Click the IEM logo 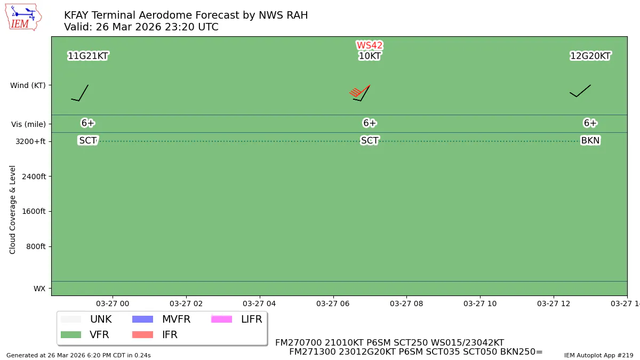point(23,17)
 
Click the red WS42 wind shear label point(370,46)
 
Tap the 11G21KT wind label point(88,56)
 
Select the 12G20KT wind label point(590,56)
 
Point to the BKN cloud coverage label point(590,141)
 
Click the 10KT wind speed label point(370,56)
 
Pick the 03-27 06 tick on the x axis point(333,303)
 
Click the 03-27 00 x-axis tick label point(113,303)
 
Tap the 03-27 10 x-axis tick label point(480,303)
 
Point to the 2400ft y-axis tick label point(33,177)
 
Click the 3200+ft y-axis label point(30,141)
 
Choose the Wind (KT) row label point(28,85)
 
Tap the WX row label point(39,289)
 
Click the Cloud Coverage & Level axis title point(13,210)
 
